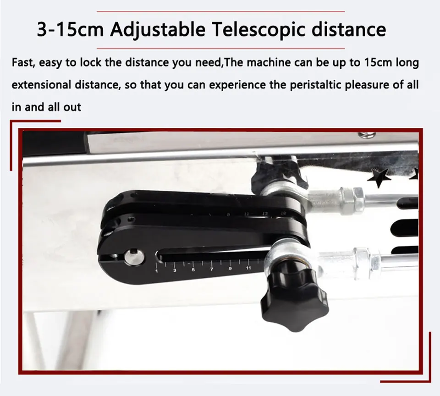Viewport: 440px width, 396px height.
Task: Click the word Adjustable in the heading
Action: (158, 29)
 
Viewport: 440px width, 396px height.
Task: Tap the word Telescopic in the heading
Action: (258, 29)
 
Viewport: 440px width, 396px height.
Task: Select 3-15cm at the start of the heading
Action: (70, 29)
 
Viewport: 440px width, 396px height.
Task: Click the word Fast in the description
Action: (23, 63)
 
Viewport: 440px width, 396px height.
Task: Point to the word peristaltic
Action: (314, 85)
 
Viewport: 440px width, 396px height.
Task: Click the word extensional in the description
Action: (41, 85)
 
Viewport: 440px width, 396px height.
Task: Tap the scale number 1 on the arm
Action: (156, 271)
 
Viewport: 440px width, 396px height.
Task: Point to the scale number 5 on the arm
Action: (193, 270)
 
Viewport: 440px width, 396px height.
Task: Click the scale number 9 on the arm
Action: (230, 269)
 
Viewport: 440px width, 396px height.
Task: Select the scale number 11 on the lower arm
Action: (248, 268)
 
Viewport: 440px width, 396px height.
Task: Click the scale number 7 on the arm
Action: (212, 269)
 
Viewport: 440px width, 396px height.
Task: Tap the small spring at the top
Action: (366, 135)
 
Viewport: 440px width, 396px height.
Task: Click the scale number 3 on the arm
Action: (175, 270)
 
